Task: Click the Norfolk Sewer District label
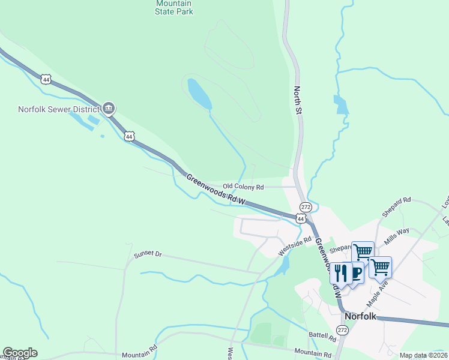pos(58,109)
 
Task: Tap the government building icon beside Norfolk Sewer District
pos(109,109)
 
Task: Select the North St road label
pos(297,100)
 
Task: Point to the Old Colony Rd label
pos(243,187)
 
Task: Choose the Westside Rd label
pos(295,245)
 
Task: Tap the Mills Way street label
pos(397,235)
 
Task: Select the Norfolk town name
pos(360,316)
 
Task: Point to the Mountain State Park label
pos(173,7)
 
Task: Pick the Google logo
pos(20,353)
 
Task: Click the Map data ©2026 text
pos(423,355)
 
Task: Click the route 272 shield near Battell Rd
pos(342,331)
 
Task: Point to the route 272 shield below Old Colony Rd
pos(306,207)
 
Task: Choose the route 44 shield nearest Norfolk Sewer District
pos(129,137)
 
